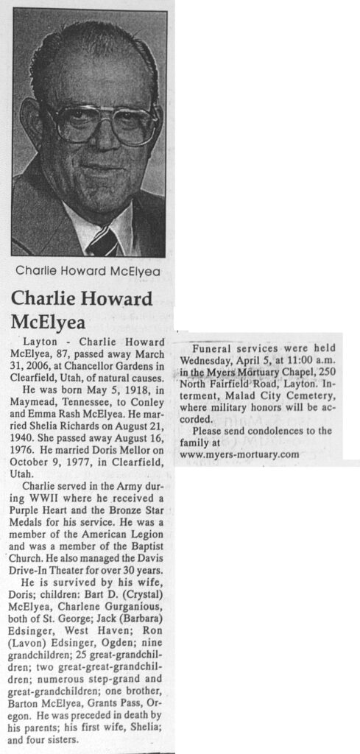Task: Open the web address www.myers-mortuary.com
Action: (x=239, y=454)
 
